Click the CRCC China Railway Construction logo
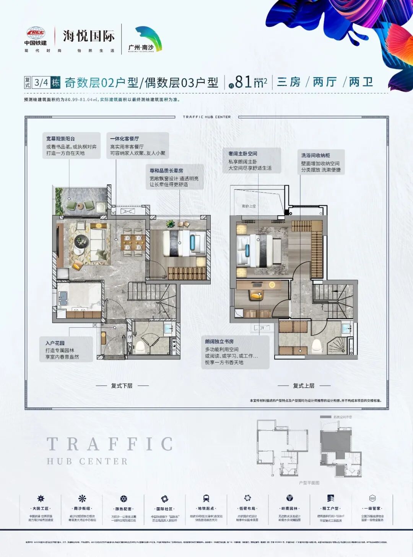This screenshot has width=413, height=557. [36, 33]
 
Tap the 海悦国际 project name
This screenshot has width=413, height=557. [89, 36]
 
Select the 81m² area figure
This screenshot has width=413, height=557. [250, 82]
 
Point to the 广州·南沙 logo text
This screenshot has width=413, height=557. [141, 48]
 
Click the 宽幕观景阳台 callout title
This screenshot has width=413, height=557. [60, 139]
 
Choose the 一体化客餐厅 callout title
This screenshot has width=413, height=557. [124, 139]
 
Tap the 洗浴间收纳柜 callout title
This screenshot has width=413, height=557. [315, 155]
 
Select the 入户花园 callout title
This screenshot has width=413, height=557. [55, 343]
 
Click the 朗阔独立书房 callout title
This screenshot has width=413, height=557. [219, 341]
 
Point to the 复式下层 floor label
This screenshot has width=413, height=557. [122, 385]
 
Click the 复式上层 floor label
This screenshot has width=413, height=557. [304, 385]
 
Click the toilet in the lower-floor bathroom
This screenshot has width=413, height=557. [140, 346]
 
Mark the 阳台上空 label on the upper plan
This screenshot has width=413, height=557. [249, 206]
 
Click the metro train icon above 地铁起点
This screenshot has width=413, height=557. [206, 498]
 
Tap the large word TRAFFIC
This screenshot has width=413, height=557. [110, 444]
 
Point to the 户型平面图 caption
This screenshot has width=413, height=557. [309, 483]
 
